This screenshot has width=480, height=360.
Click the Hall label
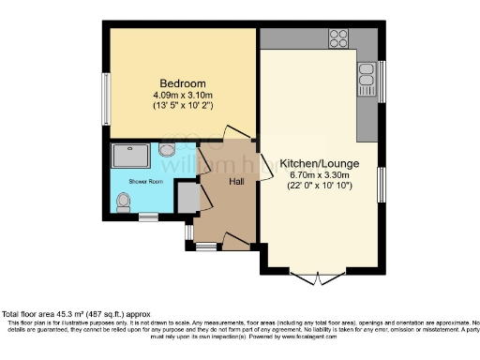point(236,181)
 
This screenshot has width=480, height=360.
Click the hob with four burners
point(338,39)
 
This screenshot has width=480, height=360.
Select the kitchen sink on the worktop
point(367,82)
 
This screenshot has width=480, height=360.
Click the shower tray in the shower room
point(131,152)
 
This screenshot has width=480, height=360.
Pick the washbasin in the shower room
point(167,149)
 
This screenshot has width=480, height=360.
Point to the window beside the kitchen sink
point(382,81)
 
